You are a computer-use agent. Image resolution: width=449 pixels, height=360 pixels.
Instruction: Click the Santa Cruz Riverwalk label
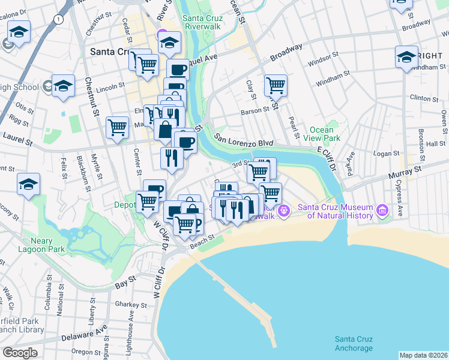(203, 22)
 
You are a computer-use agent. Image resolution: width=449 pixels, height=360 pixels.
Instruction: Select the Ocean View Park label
(325, 134)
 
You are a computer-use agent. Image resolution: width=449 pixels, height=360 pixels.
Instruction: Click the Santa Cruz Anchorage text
(354, 344)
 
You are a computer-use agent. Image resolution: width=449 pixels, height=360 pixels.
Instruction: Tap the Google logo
(20, 353)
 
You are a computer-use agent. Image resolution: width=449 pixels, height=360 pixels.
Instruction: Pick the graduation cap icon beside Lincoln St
(63, 85)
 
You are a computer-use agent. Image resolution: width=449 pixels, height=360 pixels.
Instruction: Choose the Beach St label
(202, 240)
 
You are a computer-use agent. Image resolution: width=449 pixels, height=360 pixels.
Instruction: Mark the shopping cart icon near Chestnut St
(117, 127)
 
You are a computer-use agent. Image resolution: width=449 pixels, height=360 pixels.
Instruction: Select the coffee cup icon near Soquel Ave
(177, 69)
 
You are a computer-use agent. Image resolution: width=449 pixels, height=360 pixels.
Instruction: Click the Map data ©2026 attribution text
(423, 355)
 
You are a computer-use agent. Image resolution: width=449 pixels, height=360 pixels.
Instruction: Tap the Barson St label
(255, 110)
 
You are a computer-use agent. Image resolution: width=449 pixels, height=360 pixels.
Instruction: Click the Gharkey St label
(127, 304)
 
